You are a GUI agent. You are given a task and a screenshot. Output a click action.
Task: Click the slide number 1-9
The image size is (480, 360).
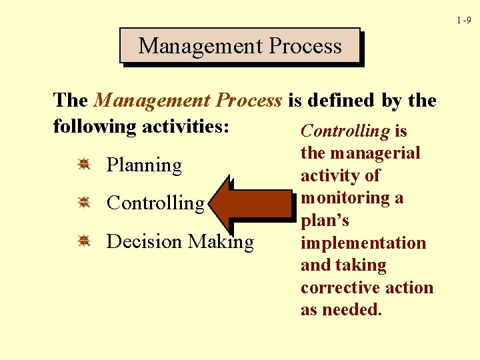[464, 20]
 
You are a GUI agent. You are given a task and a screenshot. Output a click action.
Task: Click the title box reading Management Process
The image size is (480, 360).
[240, 45]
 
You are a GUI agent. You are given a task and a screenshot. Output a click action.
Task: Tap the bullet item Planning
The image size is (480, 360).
[144, 165]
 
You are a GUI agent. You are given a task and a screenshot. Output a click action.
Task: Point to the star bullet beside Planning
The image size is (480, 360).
[84, 164]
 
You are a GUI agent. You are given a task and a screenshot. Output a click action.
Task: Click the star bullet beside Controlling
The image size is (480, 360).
[84, 202]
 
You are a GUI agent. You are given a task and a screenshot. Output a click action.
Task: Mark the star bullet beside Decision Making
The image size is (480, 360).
[84, 240]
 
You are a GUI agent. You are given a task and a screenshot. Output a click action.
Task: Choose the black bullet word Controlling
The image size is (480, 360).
[156, 203]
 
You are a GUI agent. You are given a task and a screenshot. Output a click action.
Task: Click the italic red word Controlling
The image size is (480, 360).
[345, 131]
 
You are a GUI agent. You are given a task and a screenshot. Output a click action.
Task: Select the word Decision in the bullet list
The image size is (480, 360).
[144, 241]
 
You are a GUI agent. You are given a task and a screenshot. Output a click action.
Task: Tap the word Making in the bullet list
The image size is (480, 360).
[221, 242]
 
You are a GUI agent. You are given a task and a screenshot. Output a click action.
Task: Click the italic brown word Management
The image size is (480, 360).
[152, 101]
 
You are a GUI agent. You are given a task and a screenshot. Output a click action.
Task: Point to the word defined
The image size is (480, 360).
[341, 100]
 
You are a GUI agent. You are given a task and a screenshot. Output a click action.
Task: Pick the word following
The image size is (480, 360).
[95, 127]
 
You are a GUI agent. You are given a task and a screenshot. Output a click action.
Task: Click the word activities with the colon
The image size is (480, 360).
[185, 126]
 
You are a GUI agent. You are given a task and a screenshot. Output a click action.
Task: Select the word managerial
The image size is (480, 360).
[375, 154]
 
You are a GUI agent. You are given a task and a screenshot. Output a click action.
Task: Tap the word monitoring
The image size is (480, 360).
[345, 199]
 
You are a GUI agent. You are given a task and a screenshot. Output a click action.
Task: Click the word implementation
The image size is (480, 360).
[363, 243]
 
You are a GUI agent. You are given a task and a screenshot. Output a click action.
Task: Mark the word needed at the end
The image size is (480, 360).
[353, 309]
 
